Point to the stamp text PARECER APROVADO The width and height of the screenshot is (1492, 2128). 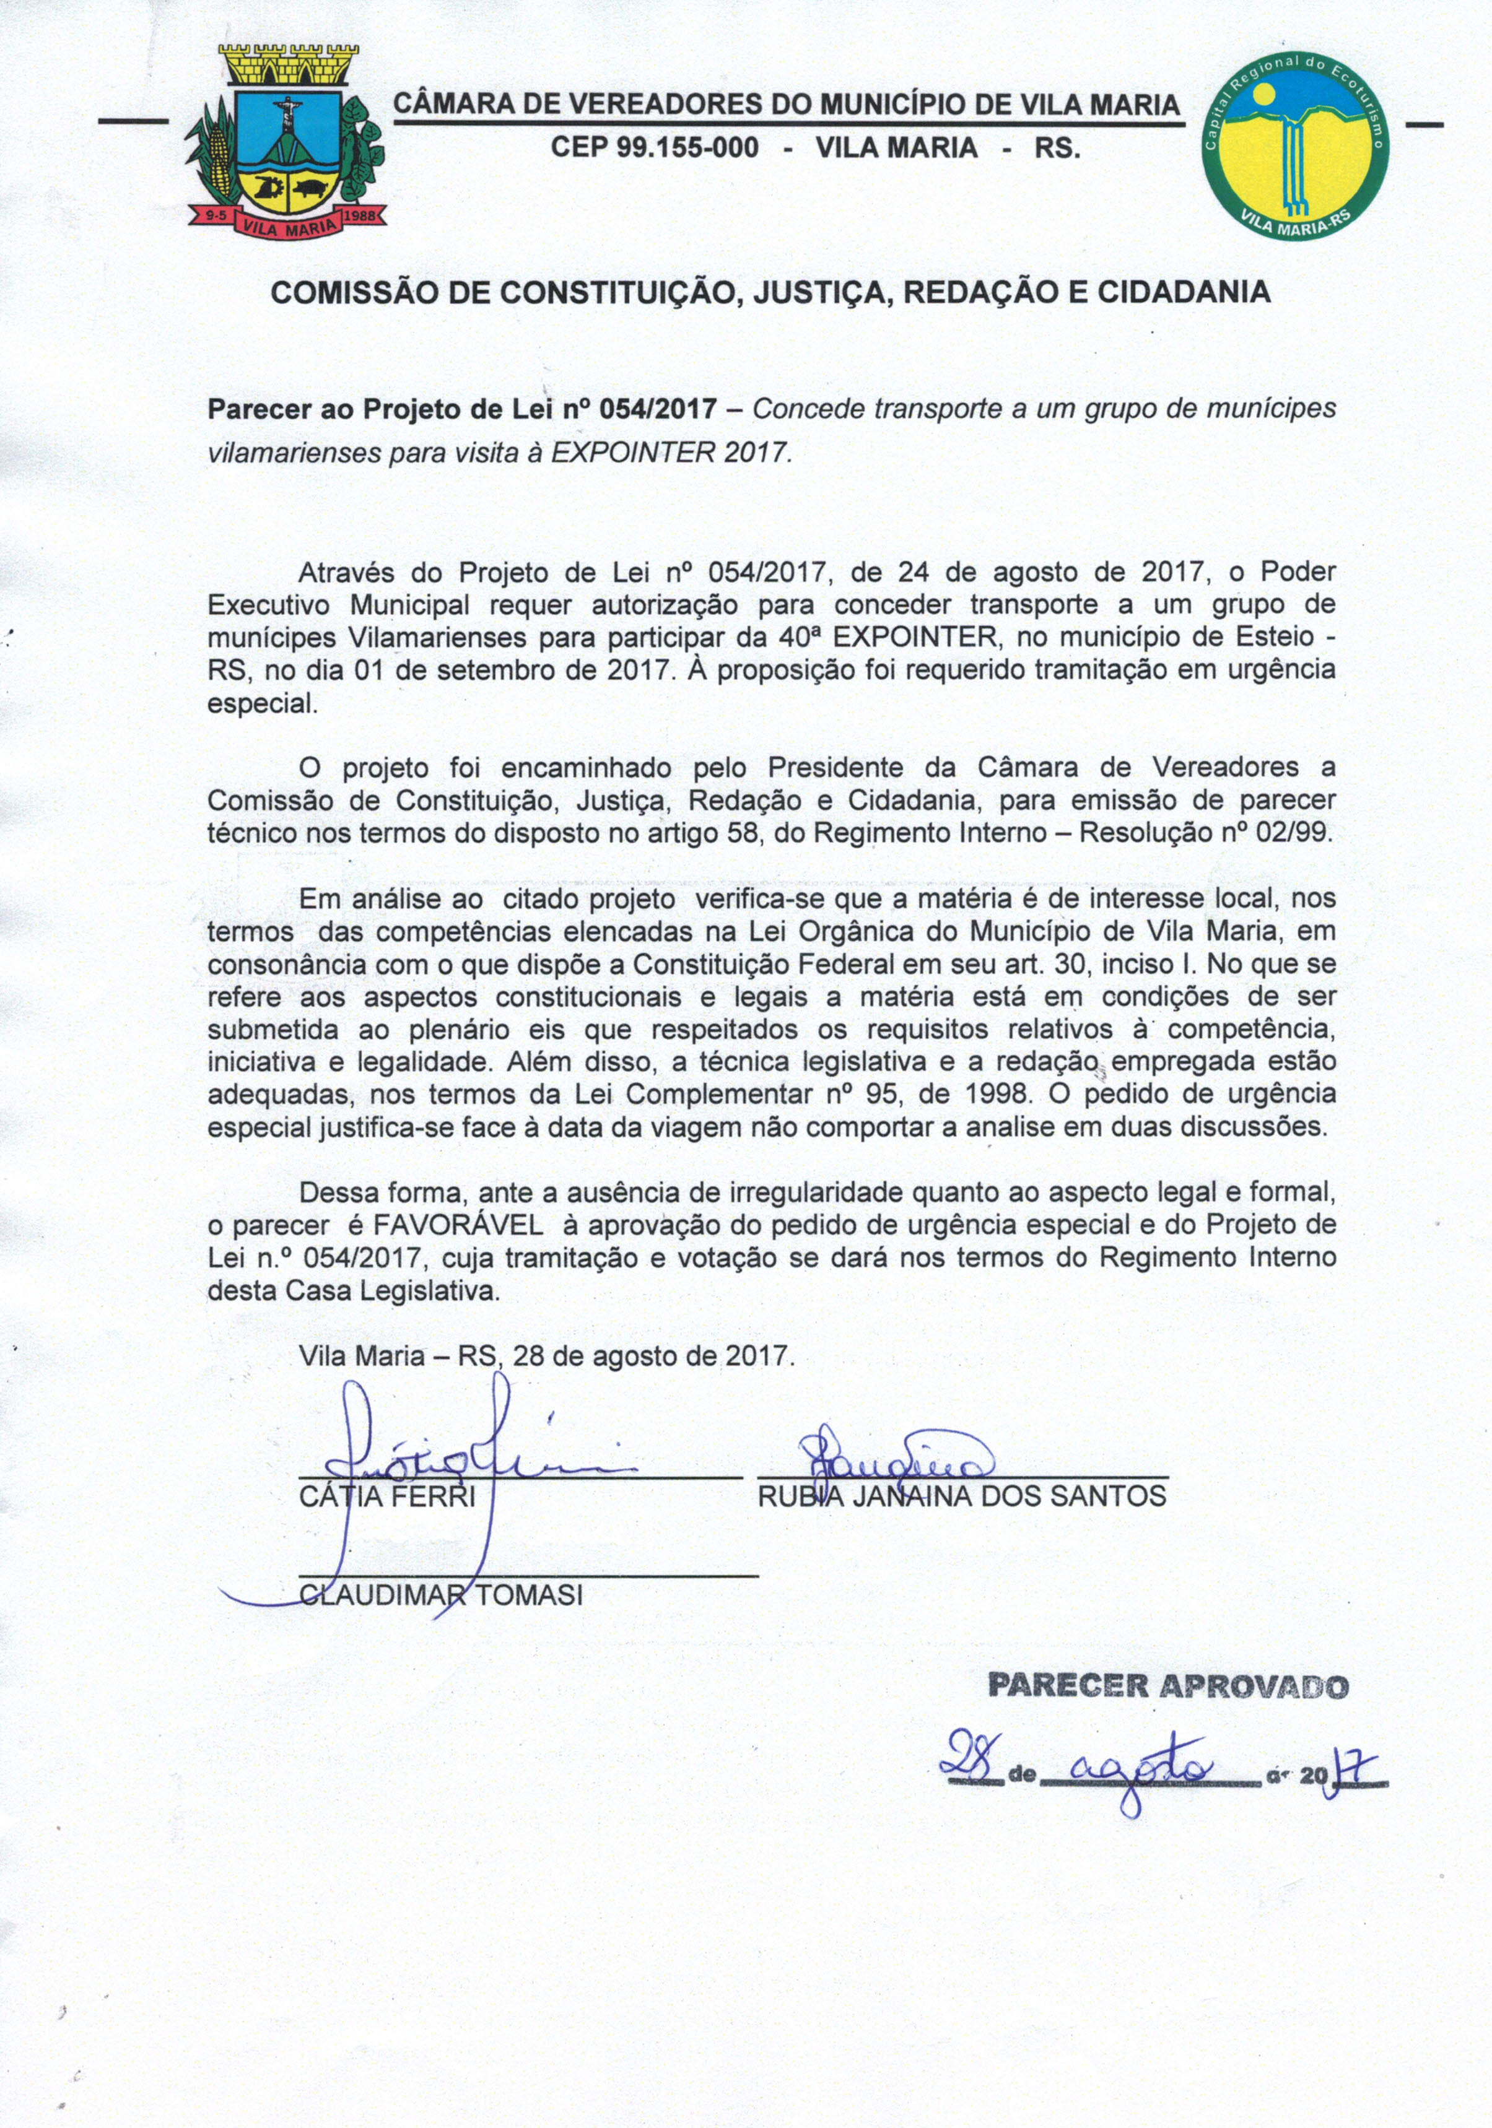click(1168, 1685)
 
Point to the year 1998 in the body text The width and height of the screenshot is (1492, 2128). click(997, 1093)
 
